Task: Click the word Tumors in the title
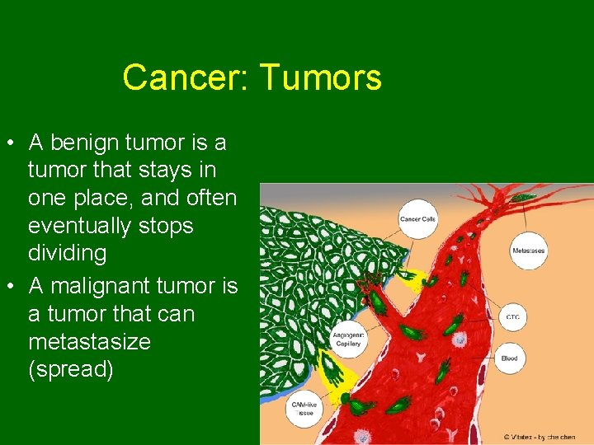click(321, 78)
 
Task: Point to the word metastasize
click(89, 341)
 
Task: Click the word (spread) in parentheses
click(71, 369)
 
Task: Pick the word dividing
click(68, 253)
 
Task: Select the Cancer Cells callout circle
click(417, 219)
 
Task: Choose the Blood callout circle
click(509, 358)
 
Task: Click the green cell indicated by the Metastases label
click(522, 198)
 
